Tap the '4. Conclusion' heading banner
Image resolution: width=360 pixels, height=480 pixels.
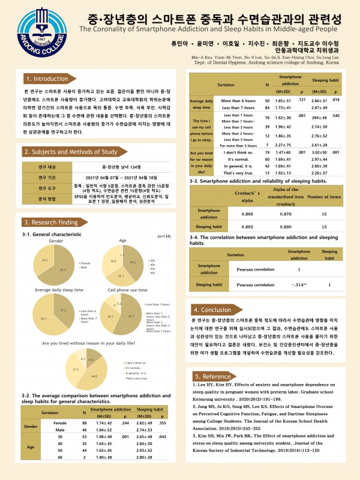[x=214, y=310]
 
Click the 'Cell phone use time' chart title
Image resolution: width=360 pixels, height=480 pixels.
[x=127, y=290]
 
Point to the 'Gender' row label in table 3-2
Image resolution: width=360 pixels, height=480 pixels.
[x=31, y=428]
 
